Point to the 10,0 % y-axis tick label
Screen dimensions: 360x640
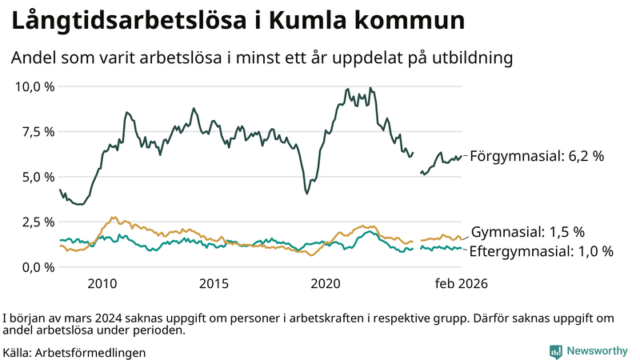[x=35, y=86]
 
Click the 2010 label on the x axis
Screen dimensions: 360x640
[x=102, y=284]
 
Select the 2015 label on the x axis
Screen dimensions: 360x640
[x=214, y=284]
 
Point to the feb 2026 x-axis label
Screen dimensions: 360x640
[x=461, y=284]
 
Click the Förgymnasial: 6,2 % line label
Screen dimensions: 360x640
[x=537, y=157]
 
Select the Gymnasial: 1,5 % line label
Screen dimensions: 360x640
[x=528, y=232]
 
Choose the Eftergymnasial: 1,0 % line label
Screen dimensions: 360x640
[x=542, y=251]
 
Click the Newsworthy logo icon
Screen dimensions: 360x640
[x=555, y=351]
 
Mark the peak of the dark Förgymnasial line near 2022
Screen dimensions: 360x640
[x=370, y=88]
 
